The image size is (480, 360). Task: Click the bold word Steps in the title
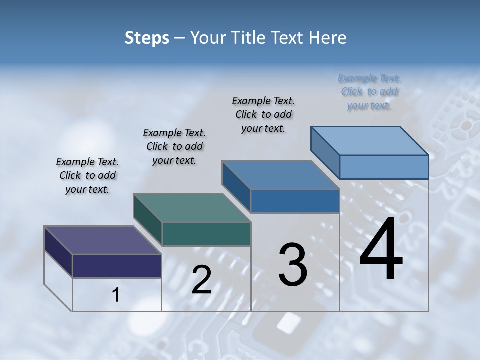147,38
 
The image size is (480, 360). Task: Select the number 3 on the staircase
293,265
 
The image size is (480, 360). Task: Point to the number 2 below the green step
201,280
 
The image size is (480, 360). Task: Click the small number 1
116,295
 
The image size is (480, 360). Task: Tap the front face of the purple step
117,266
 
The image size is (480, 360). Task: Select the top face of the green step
192,207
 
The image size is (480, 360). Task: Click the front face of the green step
206,234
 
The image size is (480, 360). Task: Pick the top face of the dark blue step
280,175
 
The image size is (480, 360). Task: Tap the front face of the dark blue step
295,201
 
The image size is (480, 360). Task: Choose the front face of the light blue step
384,167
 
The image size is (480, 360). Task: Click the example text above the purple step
87,175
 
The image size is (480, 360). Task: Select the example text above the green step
174,146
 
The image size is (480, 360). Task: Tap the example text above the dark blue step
263,114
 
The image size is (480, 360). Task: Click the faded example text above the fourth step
369,91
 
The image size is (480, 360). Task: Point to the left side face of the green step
147,220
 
